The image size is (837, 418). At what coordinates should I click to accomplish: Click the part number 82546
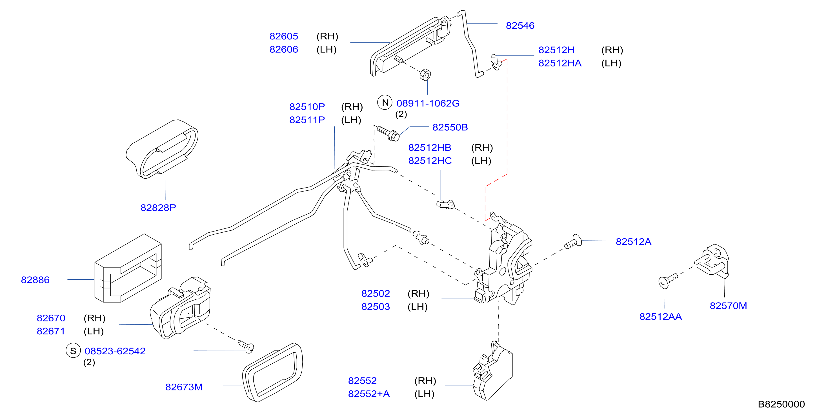(520, 26)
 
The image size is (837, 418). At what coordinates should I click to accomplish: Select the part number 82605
(284, 36)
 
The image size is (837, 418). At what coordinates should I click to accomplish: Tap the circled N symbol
(385, 103)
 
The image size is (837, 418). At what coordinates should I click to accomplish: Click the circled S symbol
(73, 351)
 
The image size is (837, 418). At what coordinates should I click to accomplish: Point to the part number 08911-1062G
(428, 103)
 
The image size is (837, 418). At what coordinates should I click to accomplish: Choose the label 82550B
(450, 127)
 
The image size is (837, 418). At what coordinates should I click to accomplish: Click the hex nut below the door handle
(425, 75)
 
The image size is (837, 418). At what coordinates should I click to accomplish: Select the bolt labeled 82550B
(388, 134)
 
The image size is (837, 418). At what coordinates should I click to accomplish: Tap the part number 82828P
(158, 208)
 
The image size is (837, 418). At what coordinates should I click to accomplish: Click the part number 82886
(35, 280)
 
